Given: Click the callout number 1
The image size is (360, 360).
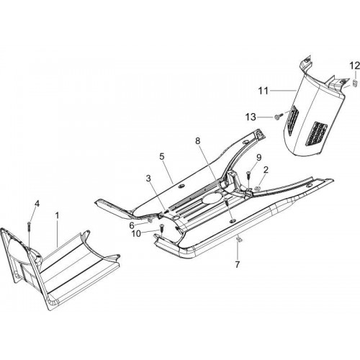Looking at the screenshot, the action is pyautogui.click(x=57, y=215).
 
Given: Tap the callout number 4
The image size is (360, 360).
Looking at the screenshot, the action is pyautogui.click(x=37, y=204).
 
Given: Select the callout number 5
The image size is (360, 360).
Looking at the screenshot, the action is pyautogui.click(x=162, y=157).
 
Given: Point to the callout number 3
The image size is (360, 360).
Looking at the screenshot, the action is pyautogui.click(x=148, y=179).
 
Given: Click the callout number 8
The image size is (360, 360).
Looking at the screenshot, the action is pyautogui.click(x=197, y=141).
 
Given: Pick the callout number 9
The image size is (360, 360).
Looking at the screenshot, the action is pyautogui.click(x=258, y=158).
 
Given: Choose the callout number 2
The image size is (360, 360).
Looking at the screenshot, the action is pyautogui.click(x=266, y=170).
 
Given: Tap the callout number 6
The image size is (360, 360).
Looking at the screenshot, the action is pyautogui.click(x=132, y=225).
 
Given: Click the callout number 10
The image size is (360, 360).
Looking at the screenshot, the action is pyautogui.click(x=136, y=233).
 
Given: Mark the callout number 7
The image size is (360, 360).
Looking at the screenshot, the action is pyautogui.click(x=238, y=264).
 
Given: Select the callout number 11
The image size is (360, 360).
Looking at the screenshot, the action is pyautogui.click(x=263, y=91).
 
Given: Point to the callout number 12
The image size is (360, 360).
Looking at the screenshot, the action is pyautogui.click(x=354, y=66).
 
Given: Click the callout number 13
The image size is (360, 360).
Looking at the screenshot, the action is pyautogui.click(x=251, y=117).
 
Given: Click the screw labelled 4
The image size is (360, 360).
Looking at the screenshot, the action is pyautogui.click(x=29, y=226).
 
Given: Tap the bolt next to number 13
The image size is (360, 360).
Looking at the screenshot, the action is pyautogui.click(x=277, y=117).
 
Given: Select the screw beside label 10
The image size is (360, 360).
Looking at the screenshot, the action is pyautogui.click(x=161, y=228).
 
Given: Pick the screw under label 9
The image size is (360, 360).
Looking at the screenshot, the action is pyautogui.click(x=248, y=175).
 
